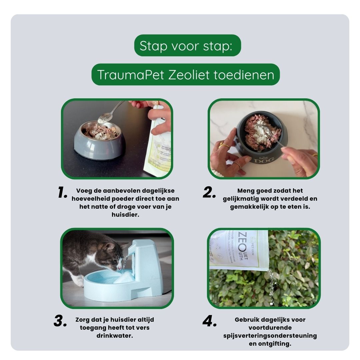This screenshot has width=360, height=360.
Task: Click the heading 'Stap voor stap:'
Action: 187,46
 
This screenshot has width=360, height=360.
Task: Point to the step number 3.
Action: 60,321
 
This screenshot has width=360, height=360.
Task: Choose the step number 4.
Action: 210,321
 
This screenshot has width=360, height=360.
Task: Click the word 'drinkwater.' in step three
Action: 115,336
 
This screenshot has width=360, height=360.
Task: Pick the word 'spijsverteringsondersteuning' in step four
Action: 270,336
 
